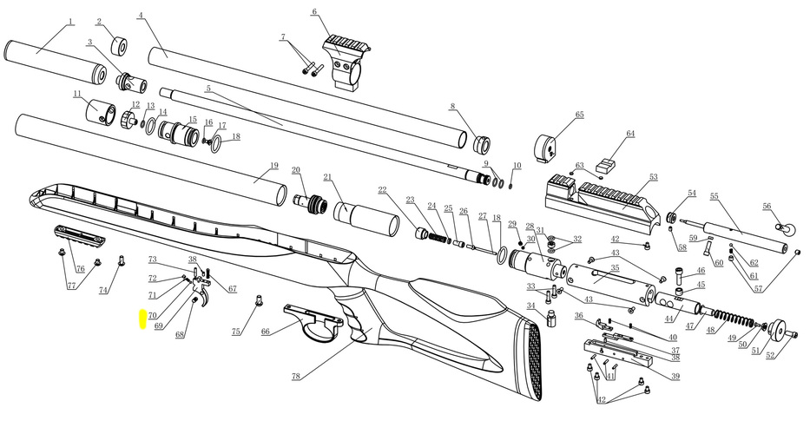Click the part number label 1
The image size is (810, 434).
pyautogui.click(x=71, y=22)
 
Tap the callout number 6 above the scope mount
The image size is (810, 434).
pyautogui.click(x=314, y=12)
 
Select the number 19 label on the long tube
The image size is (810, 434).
pyautogui.click(x=273, y=165)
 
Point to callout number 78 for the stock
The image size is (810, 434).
pyautogui.click(x=295, y=376)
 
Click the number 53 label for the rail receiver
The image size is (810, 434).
pyautogui.click(x=654, y=177)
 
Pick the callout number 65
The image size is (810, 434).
pyautogui.click(x=580, y=115)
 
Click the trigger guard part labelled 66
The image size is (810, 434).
pyautogui.click(x=313, y=324)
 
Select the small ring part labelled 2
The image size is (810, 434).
pyautogui.click(x=119, y=45)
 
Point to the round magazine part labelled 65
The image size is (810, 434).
pyautogui.click(x=546, y=148)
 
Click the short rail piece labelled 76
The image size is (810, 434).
pyautogui.click(x=80, y=234)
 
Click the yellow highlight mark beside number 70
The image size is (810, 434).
pyautogui.click(x=142, y=319)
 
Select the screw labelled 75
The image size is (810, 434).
pyautogui.click(x=260, y=299)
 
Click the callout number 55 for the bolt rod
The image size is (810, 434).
pyautogui.click(x=715, y=196)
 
